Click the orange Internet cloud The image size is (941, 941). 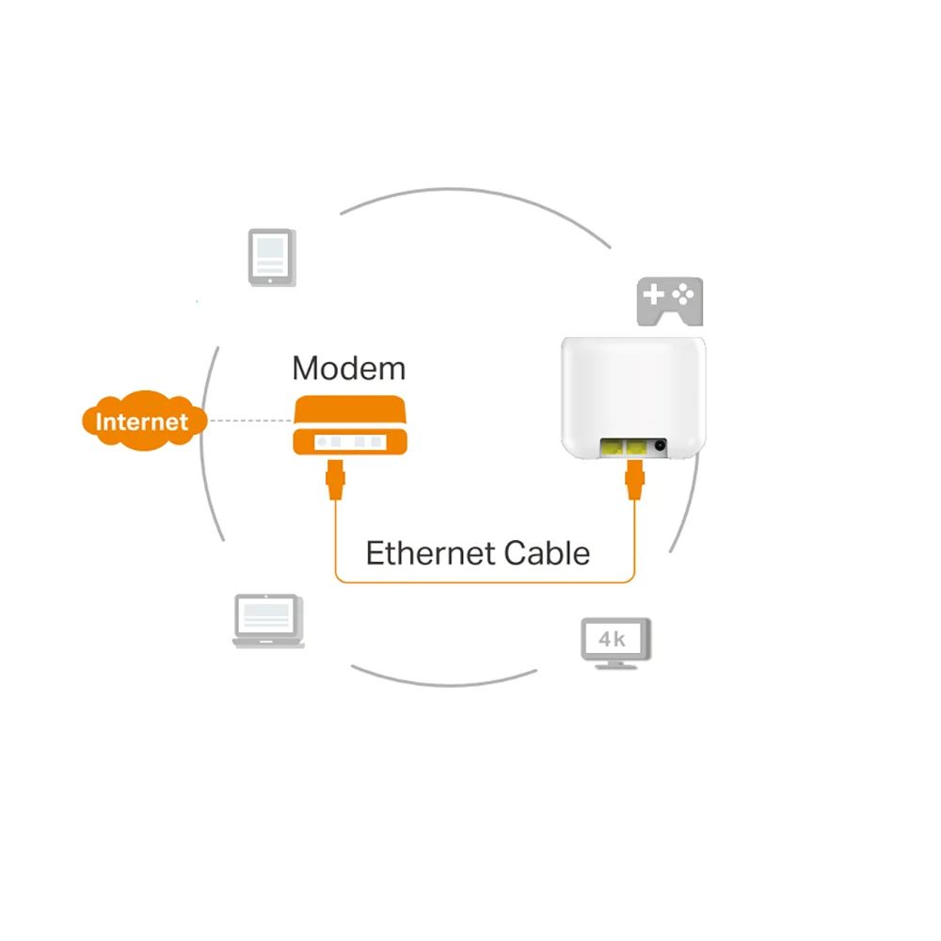[x=144, y=420]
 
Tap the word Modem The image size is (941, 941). [x=349, y=368]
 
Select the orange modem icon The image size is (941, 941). [x=350, y=425]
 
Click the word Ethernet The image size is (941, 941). [x=430, y=552]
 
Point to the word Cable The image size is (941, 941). [x=547, y=552]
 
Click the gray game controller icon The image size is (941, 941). [x=670, y=301]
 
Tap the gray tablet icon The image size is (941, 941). [x=272, y=257]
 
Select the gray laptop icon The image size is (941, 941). [x=268, y=621]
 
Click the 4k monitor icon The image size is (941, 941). [x=615, y=644]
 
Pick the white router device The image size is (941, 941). [x=633, y=398]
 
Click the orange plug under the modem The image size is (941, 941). [x=336, y=480]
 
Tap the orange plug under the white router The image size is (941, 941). [x=634, y=480]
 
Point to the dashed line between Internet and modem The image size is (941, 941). [x=251, y=421]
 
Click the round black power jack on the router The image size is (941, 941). [x=660, y=445]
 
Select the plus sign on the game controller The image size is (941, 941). [x=653, y=295]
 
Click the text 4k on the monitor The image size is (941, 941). [x=613, y=639]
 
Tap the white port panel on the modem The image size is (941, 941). [x=350, y=442]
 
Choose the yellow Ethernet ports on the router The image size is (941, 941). [x=624, y=447]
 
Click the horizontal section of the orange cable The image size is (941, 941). [x=485, y=582]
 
